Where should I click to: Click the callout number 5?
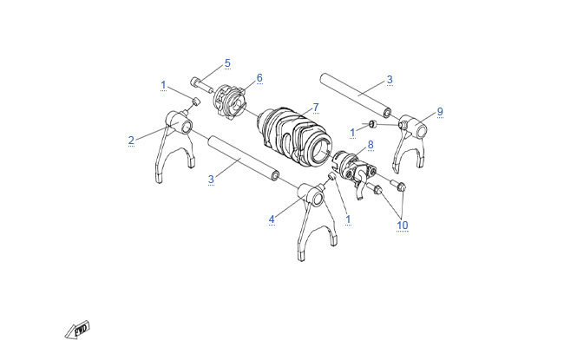click(227, 63)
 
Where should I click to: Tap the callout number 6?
click(259, 78)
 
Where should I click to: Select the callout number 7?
click(316, 108)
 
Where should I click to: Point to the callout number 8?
click(371, 145)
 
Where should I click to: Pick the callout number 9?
click(440, 112)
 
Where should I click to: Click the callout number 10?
click(402, 226)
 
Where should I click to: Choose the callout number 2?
click(131, 141)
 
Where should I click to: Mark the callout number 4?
click(272, 219)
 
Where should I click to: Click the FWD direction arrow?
click(77, 330)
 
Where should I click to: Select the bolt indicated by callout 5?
click(201, 85)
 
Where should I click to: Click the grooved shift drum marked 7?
click(293, 138)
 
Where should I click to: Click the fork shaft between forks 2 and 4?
click(243, 158)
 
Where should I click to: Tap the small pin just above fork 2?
click(196, 101)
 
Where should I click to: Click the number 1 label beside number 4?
click(348, 219)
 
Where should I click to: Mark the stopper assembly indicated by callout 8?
click(354, 172)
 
